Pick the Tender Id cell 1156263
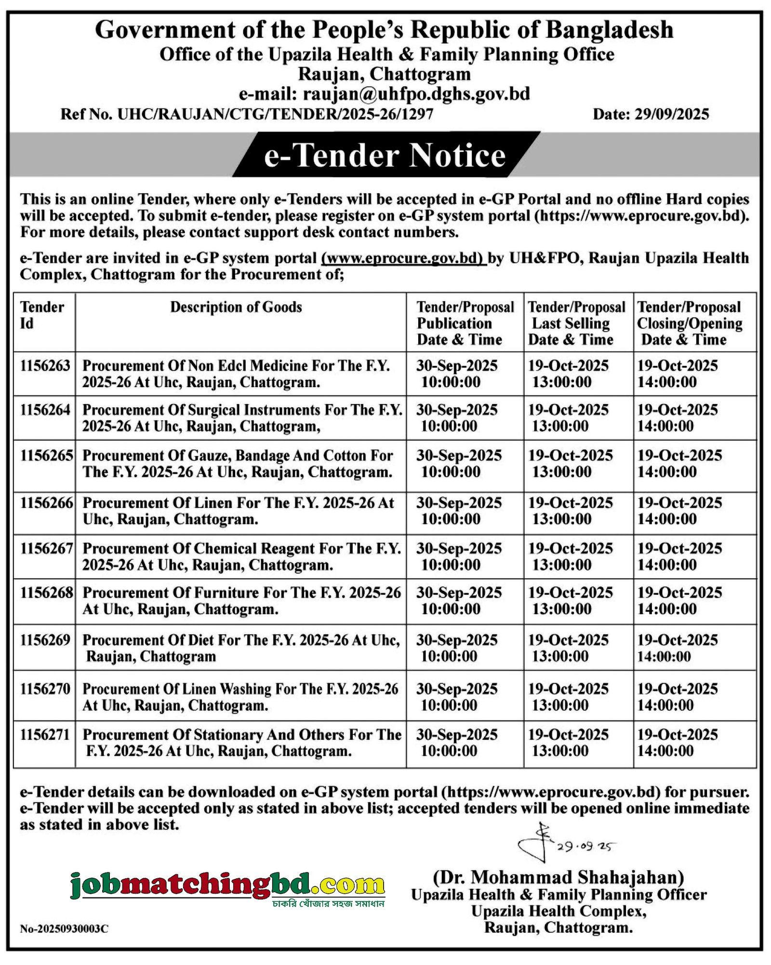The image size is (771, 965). (x=45, y=366)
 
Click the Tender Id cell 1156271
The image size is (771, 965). (x=45, y=735)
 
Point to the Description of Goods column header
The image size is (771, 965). (x=236, y=308)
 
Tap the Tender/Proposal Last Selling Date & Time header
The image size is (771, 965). (x=576, y=323)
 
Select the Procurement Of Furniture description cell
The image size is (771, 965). (x=241, y=601)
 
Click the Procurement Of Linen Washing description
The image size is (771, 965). (x=240, y=697)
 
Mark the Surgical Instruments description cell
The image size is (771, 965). (x=242, y=418)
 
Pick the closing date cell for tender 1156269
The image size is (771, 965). (x=677, y=648)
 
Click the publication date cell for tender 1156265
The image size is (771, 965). (x=459, y=464)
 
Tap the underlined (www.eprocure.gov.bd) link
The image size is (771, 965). (x=403, y=258)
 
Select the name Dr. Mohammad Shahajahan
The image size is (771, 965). (x=558, y=877)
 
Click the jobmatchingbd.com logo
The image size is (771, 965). (x=227, y=886)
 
